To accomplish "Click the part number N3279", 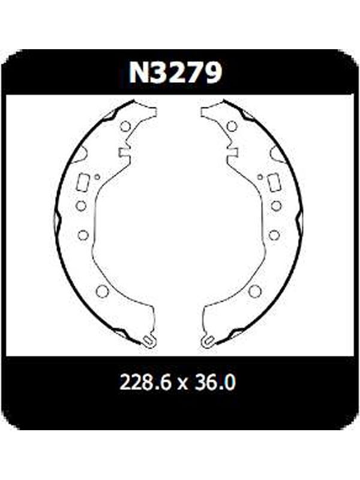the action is tap(175, 73).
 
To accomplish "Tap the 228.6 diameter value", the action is tap(145, 382).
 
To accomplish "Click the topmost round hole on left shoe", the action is tap(125, 126).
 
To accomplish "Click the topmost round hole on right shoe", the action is tap(232, 126).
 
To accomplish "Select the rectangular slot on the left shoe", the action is tap(83, 183).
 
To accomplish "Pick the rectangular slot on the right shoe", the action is tap(274, 183).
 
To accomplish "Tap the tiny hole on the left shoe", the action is tap(97, 176).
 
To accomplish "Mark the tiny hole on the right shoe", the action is tap(260, 176).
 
